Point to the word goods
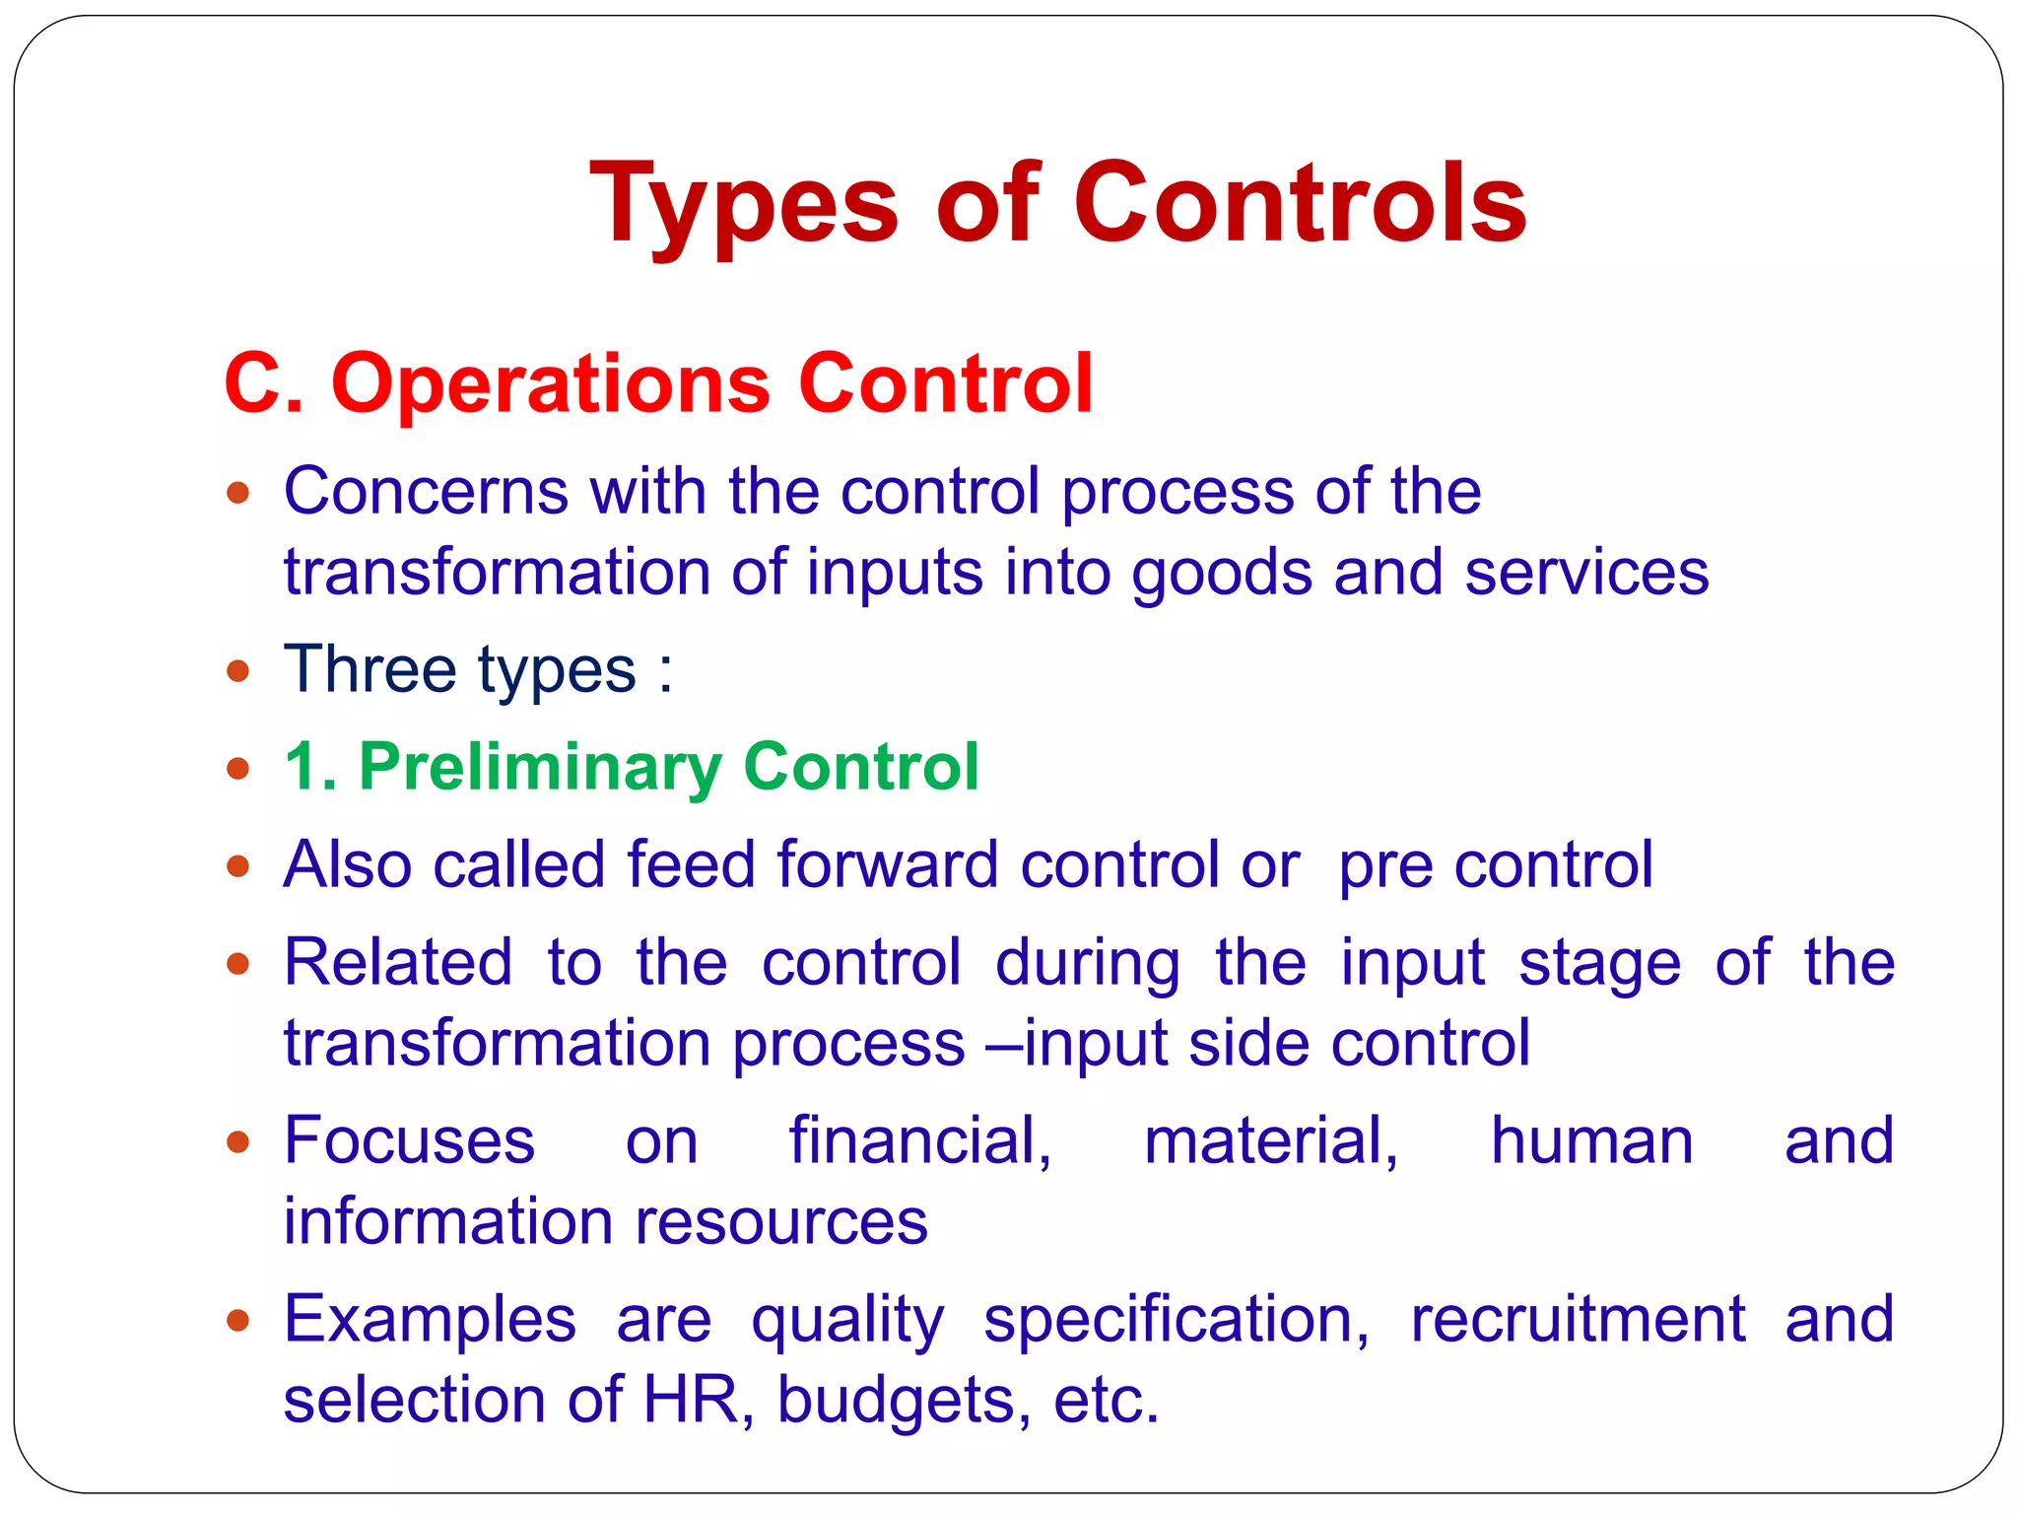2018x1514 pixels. point(1222,574)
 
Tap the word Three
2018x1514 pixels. point(370,669)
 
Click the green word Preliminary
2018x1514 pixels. point(540,767)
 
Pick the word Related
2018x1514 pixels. point(398,962)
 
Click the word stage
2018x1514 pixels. point(1599,964)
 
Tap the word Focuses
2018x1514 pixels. point(409,1140)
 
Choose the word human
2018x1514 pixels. point(1591,1140)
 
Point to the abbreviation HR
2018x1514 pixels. point(691,1400)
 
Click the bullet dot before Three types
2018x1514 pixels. point(237,671)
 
